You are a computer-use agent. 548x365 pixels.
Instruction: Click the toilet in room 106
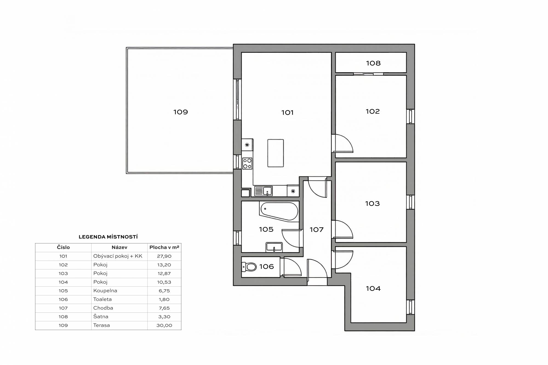249,266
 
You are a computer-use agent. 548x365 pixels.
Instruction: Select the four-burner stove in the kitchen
247,163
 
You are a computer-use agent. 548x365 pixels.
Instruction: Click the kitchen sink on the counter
263,191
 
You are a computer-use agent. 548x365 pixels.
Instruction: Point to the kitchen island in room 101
276,153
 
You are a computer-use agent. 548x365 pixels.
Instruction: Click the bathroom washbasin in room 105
274,247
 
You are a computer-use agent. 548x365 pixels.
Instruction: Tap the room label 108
373,63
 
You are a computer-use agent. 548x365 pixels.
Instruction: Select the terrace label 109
181,112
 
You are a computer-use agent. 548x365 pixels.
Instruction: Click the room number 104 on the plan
373,288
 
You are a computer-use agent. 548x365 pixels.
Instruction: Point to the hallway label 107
316,229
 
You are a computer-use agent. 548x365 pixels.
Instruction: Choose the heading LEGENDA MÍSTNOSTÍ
108,237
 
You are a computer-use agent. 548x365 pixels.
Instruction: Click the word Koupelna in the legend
105,291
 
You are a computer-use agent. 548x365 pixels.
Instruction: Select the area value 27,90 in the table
164,256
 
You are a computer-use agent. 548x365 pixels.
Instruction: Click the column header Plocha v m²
164,247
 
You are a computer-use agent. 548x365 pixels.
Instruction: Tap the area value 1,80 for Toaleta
164,299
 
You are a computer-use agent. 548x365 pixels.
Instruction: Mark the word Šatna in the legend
101,317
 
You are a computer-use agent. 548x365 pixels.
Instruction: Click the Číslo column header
63,247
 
